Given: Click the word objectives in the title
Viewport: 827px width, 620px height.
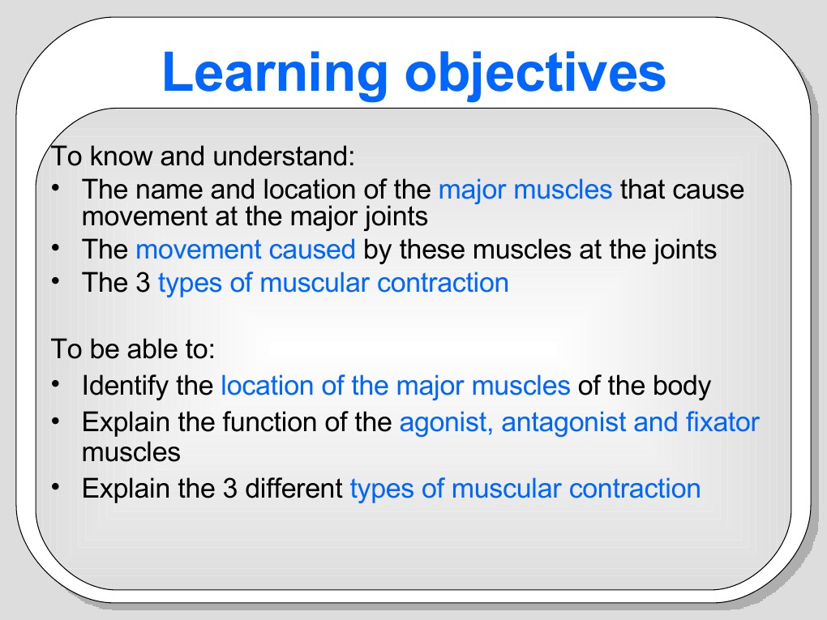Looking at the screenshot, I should [x=535, y=73].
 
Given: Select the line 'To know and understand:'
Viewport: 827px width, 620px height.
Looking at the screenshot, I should [x=204, y=156].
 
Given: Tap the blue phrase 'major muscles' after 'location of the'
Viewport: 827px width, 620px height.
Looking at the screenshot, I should [x=525, y=190].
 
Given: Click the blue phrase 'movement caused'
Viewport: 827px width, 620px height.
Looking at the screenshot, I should [x=246, y=250].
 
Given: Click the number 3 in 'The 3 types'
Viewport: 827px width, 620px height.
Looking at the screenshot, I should [x=142, y=284].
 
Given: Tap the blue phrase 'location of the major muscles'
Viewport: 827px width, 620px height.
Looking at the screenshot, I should [x=396, y=385].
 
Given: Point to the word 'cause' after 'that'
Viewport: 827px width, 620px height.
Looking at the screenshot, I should [x=714, y=190].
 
